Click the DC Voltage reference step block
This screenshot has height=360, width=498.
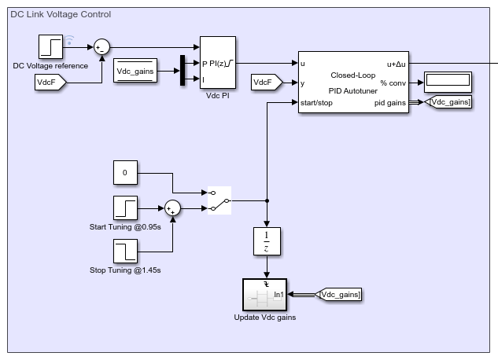click(50, 47)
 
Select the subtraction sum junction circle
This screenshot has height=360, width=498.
click(101, 47)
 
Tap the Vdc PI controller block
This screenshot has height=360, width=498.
click(218, 62)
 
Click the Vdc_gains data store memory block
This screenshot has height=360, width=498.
click(135, 71)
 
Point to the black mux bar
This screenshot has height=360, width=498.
click(183, 71)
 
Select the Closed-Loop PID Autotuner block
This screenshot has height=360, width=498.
click(353, 82)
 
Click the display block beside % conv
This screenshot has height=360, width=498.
click(448, 83)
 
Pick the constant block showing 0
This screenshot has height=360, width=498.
click(125, 173)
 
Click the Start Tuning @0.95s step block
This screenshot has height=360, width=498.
click(125, 208)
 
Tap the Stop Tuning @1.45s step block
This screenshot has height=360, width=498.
click(125, 252)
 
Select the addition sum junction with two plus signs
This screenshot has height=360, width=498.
click(172, 208)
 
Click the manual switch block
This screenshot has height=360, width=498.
click(219, 200)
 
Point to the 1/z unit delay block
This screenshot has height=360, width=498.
click(267, 241)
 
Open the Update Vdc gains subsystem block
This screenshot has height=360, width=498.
click(264, 295)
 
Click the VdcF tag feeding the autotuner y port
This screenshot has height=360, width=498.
click(267, 83)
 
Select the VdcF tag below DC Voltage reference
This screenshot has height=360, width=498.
click(50, 83)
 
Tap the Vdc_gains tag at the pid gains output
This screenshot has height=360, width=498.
click(448, 102)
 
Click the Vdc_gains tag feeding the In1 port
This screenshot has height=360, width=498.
click(338, 295)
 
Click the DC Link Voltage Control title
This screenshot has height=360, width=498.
click(61, 14)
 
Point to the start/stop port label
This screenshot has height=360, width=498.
click(316, 103)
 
